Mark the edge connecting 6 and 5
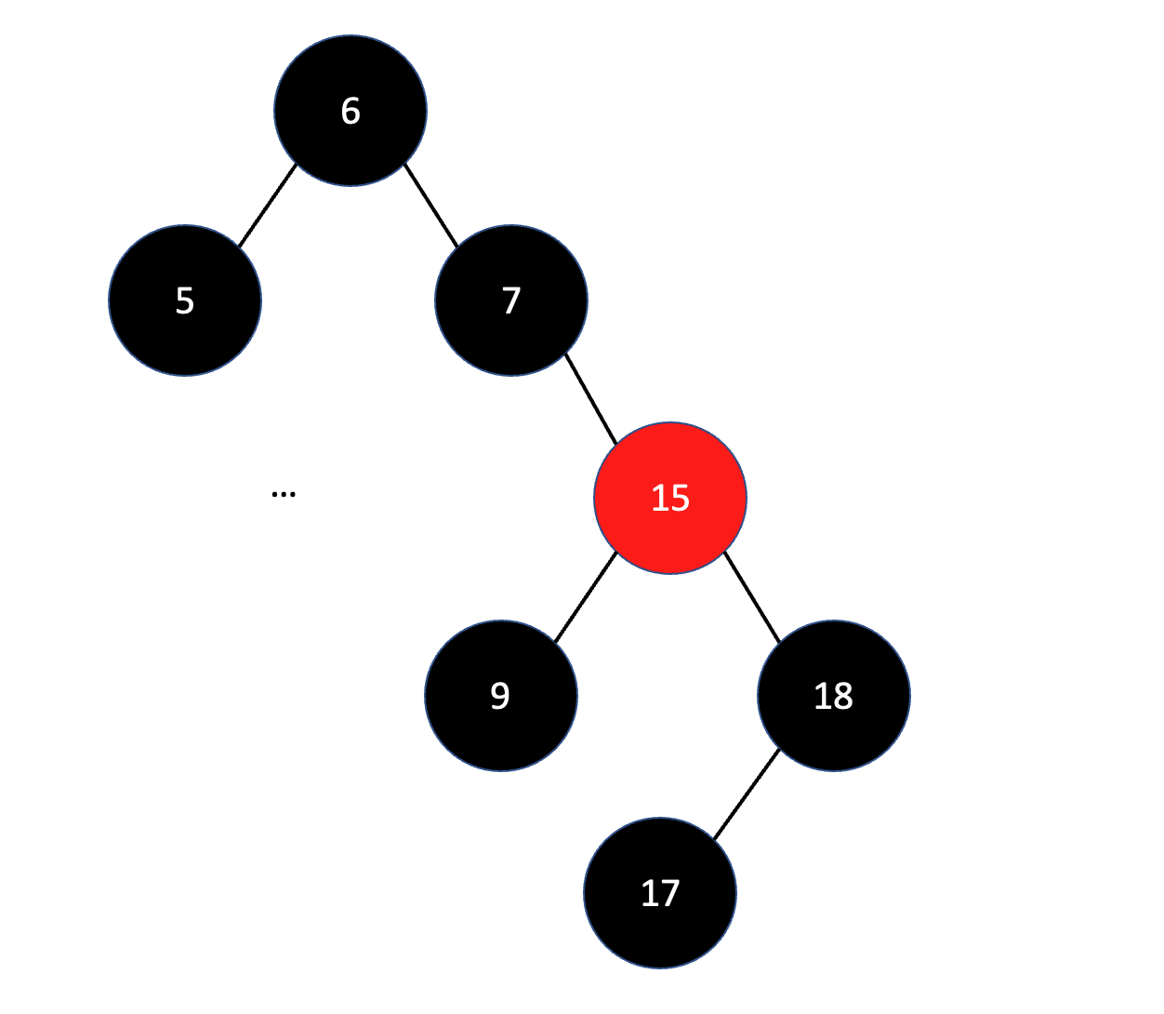268,206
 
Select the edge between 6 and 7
431,206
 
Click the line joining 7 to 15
590,398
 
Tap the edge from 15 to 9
586,596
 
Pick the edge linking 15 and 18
752,596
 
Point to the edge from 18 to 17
747,794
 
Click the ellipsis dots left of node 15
284,494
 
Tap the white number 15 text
670,498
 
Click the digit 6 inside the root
351,111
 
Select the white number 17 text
660,893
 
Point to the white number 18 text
834,695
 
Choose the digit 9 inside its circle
501,695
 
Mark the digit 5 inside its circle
185,300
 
